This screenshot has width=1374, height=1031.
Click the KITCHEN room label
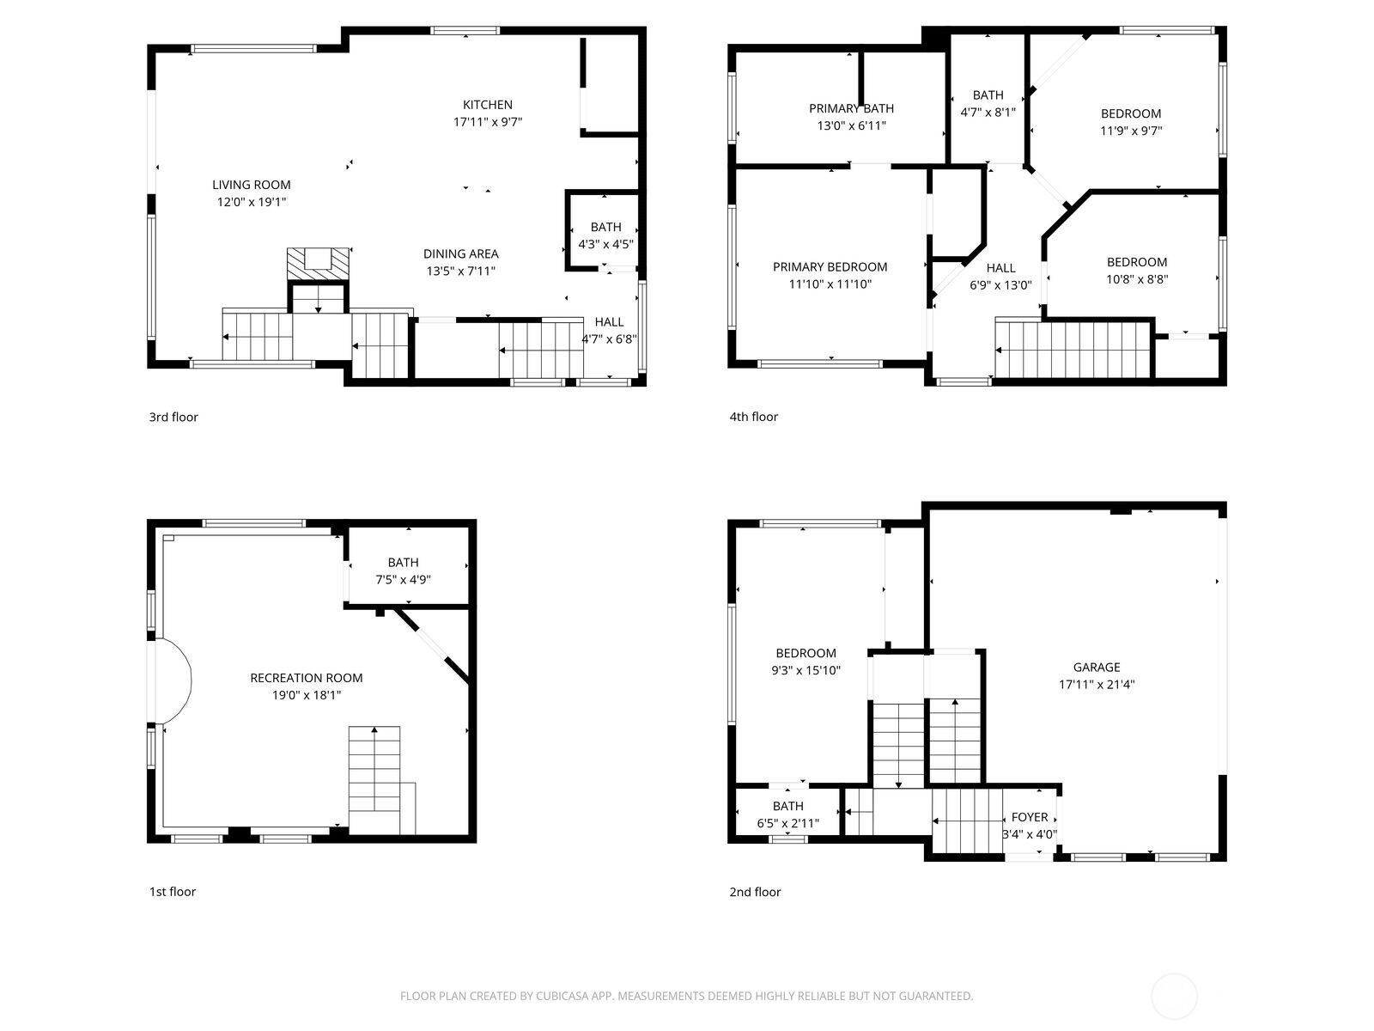coord(487,105)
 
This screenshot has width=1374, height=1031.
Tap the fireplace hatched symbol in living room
coord(318,263)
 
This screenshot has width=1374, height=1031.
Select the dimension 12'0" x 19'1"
coord(251,203)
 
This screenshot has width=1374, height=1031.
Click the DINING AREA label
coord(460,253)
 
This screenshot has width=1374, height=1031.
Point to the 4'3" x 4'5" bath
coord(605,235)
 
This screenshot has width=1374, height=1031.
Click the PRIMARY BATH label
coord(850,108)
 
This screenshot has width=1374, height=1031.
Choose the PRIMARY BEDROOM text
coord(830,266)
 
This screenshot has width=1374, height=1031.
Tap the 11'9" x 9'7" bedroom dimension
coord(1131,131)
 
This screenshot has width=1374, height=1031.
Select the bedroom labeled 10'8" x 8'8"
coord(1136,271)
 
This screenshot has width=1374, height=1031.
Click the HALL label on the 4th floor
coord(1000,268)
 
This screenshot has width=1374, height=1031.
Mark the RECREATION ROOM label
coord(306,678)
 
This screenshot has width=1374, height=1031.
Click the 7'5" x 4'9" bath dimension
coord(403,580)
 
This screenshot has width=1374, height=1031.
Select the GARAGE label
coord(1096,667)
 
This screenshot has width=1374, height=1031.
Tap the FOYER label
coord(1029,817)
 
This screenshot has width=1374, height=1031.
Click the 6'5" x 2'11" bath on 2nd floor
coord(787,814)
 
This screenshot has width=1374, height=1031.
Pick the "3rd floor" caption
coord(173,417)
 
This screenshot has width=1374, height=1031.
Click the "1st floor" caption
coord(172,891)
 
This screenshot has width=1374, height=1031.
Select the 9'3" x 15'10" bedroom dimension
coord(805,670)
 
